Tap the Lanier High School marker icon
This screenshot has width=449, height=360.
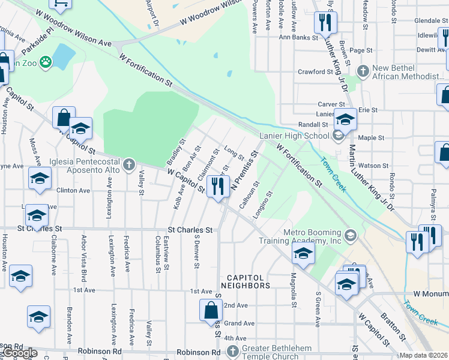tap(337, 136)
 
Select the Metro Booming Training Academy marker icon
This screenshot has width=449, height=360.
tap(351, 235)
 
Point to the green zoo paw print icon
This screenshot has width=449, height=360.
tap(46, 62)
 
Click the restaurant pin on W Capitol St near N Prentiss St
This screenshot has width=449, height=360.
tap(217, 186)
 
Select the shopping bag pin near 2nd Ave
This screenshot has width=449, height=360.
tap(210, 310)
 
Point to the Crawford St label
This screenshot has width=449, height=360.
tap(315, 71)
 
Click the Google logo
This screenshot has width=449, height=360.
tap(19, 353)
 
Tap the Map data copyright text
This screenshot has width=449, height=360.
tap(424, 355)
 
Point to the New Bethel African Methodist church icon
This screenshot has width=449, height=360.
tap(362, 71)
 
